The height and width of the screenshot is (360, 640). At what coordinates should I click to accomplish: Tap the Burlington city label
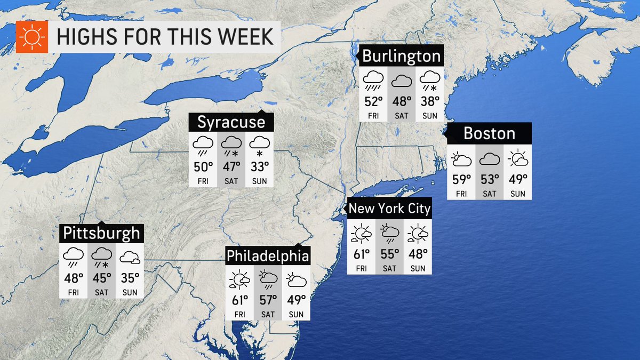point(402,57)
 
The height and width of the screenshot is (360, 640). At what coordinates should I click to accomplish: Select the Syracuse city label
point(231,122)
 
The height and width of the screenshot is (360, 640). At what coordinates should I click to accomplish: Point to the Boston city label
point(489,133)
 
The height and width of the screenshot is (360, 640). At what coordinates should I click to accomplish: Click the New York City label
point(389,208)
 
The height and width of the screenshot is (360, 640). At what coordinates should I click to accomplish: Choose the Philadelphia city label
point(268,256)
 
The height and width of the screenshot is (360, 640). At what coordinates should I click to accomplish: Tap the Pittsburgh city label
point(101,233)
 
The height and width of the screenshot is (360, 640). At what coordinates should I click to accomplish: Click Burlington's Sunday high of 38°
point(429,101)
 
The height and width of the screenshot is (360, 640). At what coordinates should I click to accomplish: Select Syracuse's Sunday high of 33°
point(260,166)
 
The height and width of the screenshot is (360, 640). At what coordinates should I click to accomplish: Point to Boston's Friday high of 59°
point(461,179)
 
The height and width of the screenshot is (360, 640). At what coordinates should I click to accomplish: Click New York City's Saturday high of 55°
point(390,253)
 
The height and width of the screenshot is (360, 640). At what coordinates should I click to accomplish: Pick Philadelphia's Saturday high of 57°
point(268,300)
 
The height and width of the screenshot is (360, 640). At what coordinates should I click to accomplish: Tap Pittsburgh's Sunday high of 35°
point(130,277)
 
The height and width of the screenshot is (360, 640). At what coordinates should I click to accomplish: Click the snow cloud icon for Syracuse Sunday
point(260,144)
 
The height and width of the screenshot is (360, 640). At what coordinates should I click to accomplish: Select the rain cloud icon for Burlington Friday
point(373,80)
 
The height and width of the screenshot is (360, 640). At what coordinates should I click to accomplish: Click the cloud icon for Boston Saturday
point(490,159)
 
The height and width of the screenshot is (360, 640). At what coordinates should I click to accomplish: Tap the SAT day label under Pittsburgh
point(102,292)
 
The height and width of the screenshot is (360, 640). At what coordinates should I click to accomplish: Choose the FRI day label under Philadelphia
point(239,315)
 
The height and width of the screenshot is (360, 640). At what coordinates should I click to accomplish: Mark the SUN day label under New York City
point(418,268)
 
